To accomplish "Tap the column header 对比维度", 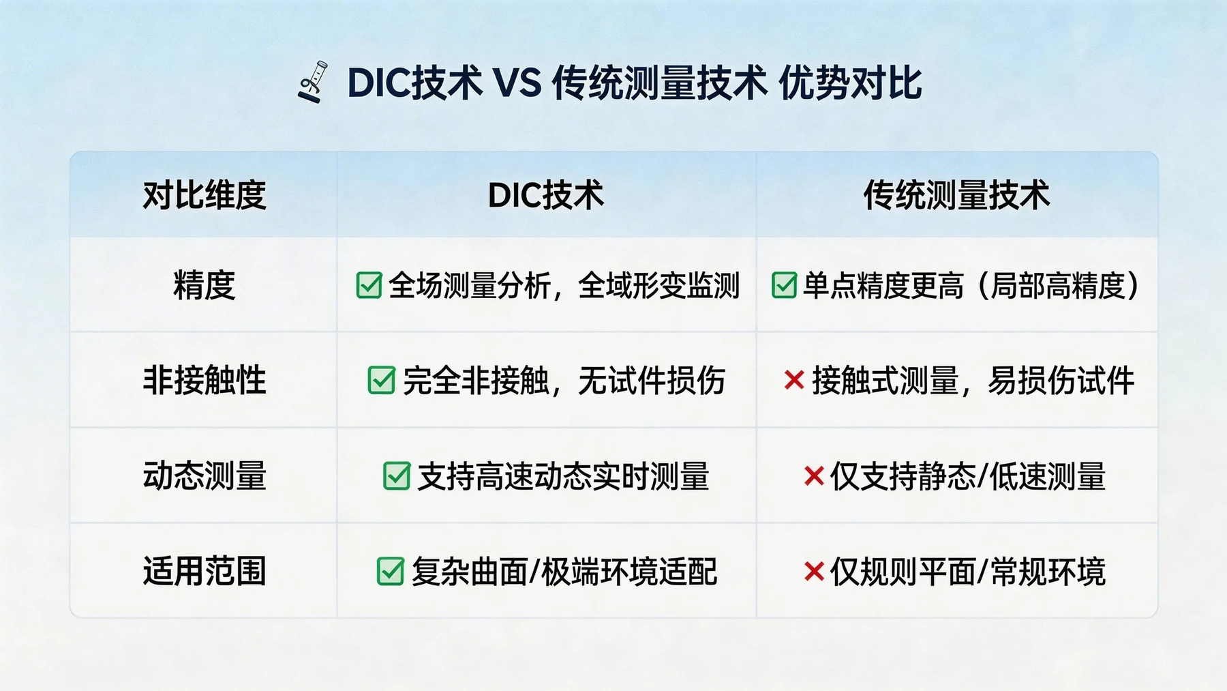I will (204, 195).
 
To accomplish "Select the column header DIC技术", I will (545, 195).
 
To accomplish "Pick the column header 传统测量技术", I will (956, 195).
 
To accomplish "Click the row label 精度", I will (204, 285).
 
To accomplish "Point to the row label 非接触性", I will (204, 380).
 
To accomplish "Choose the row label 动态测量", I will (204, 475).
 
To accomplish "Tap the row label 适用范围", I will (204, 571).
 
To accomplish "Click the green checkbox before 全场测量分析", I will (369, 285).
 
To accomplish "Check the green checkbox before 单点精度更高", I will (784, 285).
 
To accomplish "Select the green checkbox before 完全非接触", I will (381, 381).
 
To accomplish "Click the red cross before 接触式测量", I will (794, 380).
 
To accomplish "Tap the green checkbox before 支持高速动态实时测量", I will (397, 476).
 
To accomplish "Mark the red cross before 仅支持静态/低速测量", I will (814, 475).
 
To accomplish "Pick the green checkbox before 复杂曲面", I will (391, 572).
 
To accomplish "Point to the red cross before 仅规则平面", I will (814, 571).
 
